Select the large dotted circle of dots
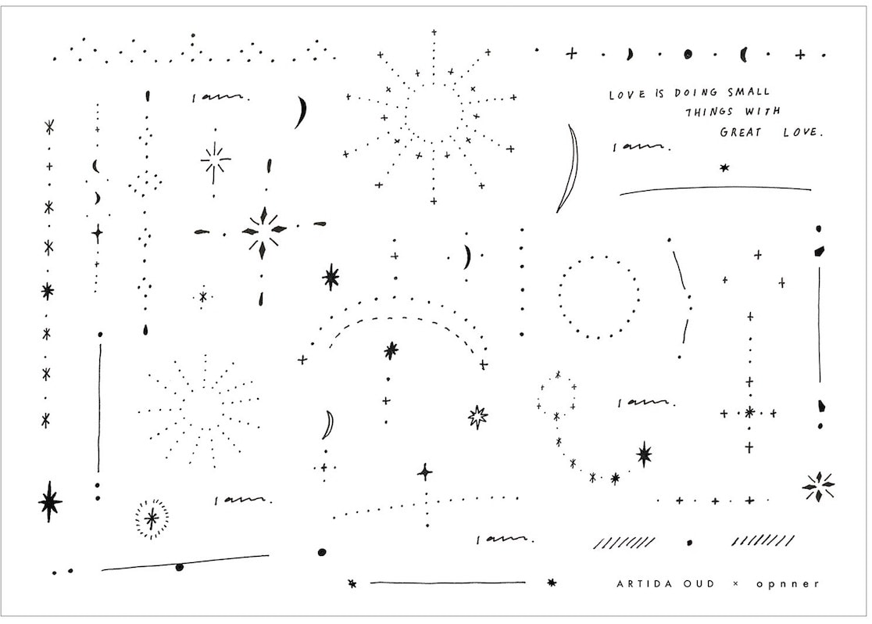pyautogui.click(x=599, y=296)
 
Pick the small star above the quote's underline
pyautogui.click(x=724, y=167)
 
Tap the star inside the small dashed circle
pyautogui.click(x=152, y=518)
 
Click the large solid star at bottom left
pyautogui.click(x=50, y=501)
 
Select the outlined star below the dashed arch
pyautogui.click(x=477, y=417)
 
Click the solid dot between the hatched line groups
pyautogui.click(x=689, y=542)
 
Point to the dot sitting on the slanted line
pyautogui.click(x=180, y=567)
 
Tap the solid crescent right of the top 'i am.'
pyautogui.click(x=300, y=112)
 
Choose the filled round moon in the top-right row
pyautogui.click(x=688, y=54)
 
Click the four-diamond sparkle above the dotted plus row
pyautogui.click(x=818, y=486)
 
